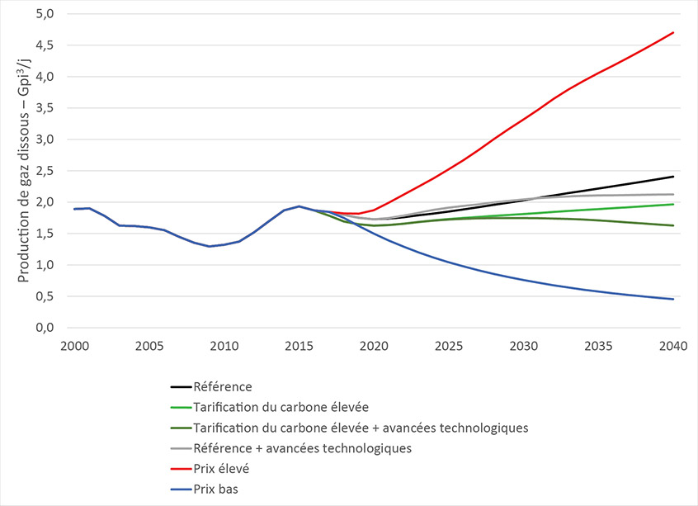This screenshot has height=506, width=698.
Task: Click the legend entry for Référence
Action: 222,386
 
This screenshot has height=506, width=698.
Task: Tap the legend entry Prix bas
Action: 216,488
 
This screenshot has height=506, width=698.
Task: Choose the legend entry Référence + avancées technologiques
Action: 301,447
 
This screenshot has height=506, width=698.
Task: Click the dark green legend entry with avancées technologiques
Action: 360,427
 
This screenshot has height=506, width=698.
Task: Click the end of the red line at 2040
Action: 673,33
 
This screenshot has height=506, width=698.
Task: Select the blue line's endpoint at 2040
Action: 673,299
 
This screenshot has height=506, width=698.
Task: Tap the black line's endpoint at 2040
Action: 673,177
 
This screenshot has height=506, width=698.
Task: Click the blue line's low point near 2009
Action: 209,246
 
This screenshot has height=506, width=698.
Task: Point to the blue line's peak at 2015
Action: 299,206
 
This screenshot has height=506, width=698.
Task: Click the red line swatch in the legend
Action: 179,467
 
